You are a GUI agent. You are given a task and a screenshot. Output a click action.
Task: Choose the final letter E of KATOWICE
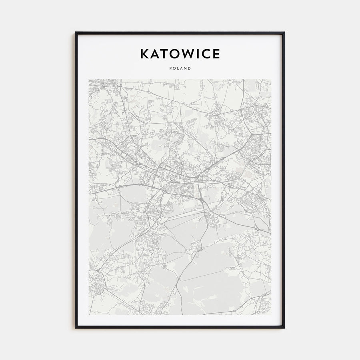[x=216, y=54]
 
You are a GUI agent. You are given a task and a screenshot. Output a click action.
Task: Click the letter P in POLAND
[x=170, y=68]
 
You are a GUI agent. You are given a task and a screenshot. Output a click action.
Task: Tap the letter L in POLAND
[x=178, y=68]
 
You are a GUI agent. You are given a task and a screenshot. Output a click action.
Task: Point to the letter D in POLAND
[x=190, y=68]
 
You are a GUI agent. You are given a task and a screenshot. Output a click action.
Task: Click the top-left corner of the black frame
[x=75, y=32]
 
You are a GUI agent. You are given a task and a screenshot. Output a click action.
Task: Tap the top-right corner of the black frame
[x=284, y=32]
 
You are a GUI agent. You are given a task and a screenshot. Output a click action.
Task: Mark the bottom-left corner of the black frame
[x=75, y=328]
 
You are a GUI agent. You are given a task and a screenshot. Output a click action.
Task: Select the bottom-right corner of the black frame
[x=284, y=328]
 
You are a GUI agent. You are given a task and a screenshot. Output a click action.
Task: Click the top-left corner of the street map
[x=89, y=79]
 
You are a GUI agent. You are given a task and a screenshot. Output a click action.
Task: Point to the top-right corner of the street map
[x=271, y=79]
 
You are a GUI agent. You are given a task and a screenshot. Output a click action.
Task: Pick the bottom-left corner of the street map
[x=89, y=314]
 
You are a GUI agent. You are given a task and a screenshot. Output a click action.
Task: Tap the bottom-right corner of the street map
[x=271, y=314]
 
